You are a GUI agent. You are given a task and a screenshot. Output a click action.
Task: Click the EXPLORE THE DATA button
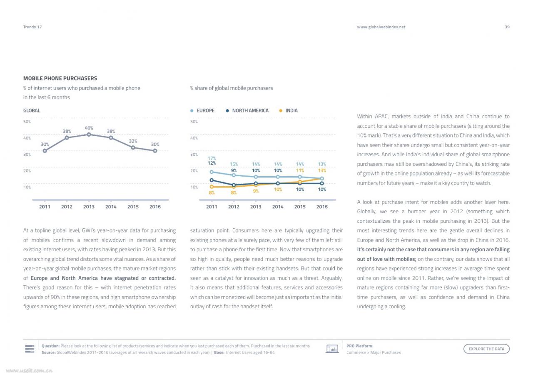[486, 349]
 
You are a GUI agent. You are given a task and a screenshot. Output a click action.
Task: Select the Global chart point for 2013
[89, 135]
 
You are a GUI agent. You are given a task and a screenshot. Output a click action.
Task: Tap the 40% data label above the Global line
[89, 128]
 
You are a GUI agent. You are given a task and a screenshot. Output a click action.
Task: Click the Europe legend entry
[202, 110]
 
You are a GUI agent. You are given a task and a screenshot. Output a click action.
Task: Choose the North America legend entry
[247, 110]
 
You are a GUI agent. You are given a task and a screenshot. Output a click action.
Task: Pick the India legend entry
[289, 110]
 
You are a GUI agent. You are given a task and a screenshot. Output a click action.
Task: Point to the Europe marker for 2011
[212, 172]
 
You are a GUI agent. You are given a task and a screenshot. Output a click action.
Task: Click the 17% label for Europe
[212, 158]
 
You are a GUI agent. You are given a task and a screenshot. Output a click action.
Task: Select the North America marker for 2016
[322, 183]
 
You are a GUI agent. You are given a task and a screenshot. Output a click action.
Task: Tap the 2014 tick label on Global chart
[111, 207]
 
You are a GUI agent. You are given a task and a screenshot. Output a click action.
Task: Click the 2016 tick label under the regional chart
[322, 207]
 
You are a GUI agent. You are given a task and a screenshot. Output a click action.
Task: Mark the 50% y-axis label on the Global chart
[27, 122]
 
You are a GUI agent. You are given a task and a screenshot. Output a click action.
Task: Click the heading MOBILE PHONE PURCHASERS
[60, 78]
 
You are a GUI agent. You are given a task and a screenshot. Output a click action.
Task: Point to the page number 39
[507, 27]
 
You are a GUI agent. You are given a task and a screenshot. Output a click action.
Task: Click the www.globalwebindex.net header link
[381, 27]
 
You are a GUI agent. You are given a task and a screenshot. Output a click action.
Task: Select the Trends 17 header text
[32, 27]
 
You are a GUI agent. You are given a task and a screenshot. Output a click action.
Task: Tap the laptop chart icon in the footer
[332, 349]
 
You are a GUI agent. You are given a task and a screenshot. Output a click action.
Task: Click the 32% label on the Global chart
[133, 141]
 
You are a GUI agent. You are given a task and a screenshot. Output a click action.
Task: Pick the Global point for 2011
[45, 151]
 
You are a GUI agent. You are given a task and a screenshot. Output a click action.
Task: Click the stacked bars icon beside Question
[30, 349]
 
